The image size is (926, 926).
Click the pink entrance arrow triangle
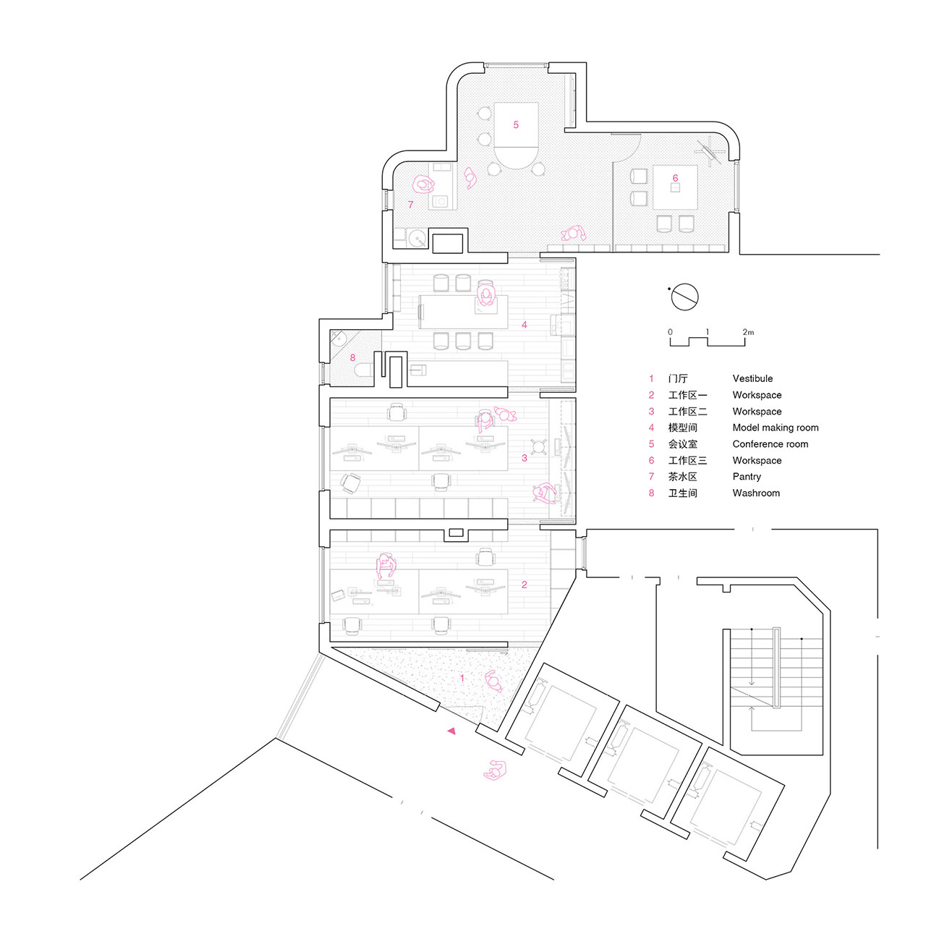pyautogui.click(x=451, y=731)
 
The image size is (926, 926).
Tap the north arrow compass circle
pyautogui.click(x=684, y=297)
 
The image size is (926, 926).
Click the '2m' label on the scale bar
pyautogui.click(x=748, y=332)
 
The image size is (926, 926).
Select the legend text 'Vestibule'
pyautogui.click(x=752, y=378)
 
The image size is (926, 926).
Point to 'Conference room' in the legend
pyautogui.click(x=770, y=444)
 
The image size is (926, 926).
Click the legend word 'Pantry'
pyautogui.click(x=747, y=477)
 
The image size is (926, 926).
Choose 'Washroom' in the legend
pyautogui.click(x=756, y=493)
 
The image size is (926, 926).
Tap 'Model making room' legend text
pyautogui.click(x=776, y=428)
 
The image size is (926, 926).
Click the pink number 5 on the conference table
pyautogui.click(x=516, y=125)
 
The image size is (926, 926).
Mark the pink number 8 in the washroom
pyautogui.click(x=353, y=357)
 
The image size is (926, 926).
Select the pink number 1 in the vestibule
pyautogui.click(x=462, y=678)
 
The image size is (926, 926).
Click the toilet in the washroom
pyautogui.click(x=363, y=370)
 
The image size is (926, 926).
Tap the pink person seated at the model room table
pyautogui.click(x=486, y=295)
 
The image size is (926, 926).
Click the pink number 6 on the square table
pyautogui.click(x=675, y=178)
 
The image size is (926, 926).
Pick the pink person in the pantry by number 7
pyautogui.click(x=423, y=184)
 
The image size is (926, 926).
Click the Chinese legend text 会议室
pyautogui.click(x=682, y=444)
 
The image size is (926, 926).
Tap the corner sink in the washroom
pyautogui.click(x=339, y=339)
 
